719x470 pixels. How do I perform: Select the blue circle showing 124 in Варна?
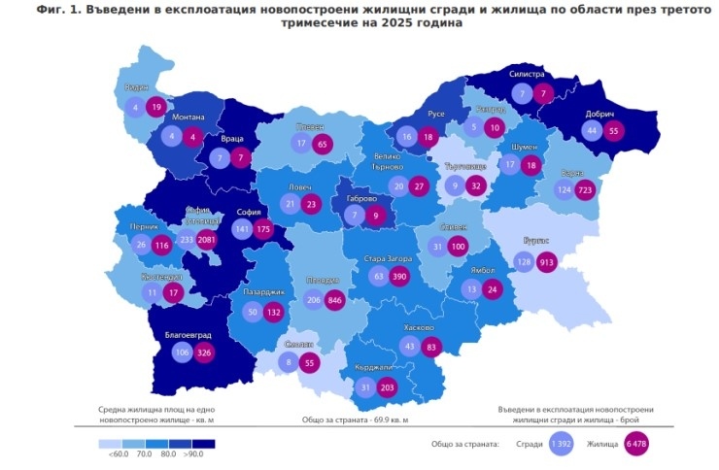point(564,189)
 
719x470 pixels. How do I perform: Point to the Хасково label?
point(422,328)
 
